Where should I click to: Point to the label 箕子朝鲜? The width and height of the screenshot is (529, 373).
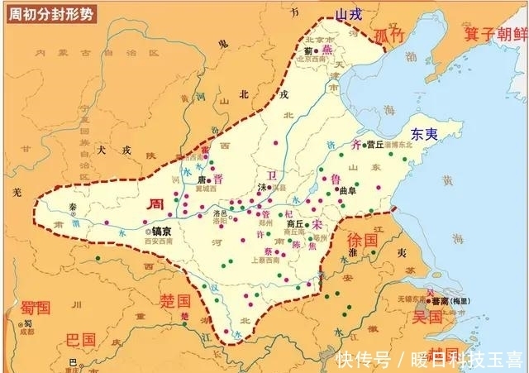click(494, 34)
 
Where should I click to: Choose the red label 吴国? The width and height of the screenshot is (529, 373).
click(428, 317)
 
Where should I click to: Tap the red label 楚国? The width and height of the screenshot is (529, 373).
click(175, 299)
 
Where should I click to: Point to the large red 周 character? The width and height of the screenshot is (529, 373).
click(155, 203)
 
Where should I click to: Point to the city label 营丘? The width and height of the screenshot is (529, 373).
click(376, 144)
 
